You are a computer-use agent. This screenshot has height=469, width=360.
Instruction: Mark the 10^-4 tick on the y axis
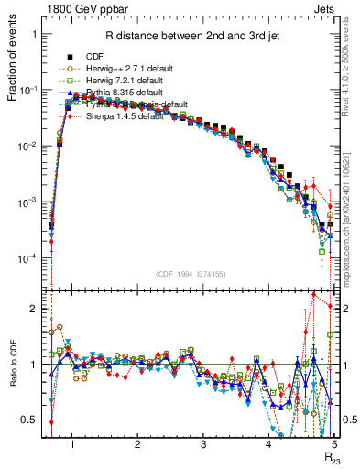coord(31,258)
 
